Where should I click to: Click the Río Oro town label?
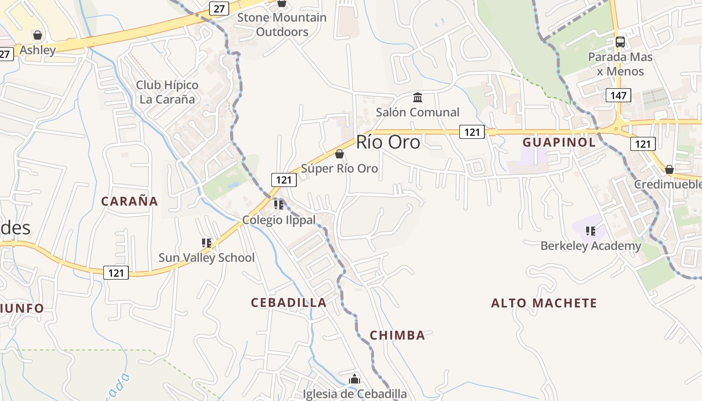pos(388,143)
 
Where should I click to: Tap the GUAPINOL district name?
pos(559,142)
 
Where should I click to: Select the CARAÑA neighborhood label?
pos(129,202)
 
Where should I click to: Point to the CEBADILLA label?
pos(288,303)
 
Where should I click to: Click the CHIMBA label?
pos(397,335)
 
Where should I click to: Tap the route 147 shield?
pos(618,95)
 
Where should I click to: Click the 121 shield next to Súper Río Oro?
pos(284,180)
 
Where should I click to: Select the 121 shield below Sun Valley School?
pos(116,273)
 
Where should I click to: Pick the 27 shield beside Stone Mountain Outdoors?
pos(219,9)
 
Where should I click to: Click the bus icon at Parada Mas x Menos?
pos(620,42)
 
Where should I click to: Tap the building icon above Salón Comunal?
pos(417,97)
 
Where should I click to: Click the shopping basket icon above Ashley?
pos(37,35)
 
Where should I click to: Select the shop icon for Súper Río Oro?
pos(339,154)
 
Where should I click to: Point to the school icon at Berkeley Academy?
pos(591,231)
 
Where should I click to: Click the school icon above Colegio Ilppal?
pos(279,205)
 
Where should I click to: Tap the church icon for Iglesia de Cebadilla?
pos(355,379)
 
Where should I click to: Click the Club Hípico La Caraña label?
pos(167,92)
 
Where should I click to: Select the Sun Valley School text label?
pos(206,258)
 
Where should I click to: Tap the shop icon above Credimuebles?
pos(669,169)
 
